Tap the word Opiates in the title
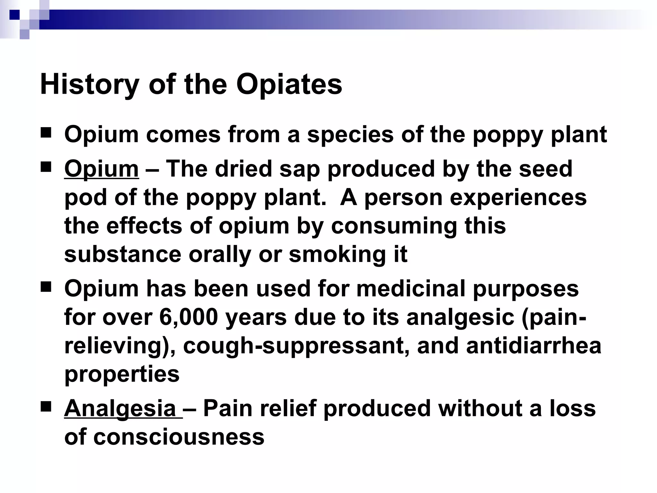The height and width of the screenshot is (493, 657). coord(289,85)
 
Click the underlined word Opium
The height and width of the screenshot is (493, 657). coord(101,169)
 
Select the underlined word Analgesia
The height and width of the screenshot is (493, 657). coord(120,409)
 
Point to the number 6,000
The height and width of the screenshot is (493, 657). coord(188,317)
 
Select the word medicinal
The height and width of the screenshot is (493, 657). coord(411,289)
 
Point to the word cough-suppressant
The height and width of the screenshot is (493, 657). coord(296,346)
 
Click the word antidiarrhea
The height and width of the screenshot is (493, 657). coord(533,346)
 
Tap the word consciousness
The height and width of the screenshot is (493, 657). coord(179,437)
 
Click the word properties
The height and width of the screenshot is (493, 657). coord(122,374)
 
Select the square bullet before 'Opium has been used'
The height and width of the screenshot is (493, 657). coord(46,287)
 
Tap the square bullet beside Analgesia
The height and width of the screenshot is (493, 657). coord(46,407)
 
